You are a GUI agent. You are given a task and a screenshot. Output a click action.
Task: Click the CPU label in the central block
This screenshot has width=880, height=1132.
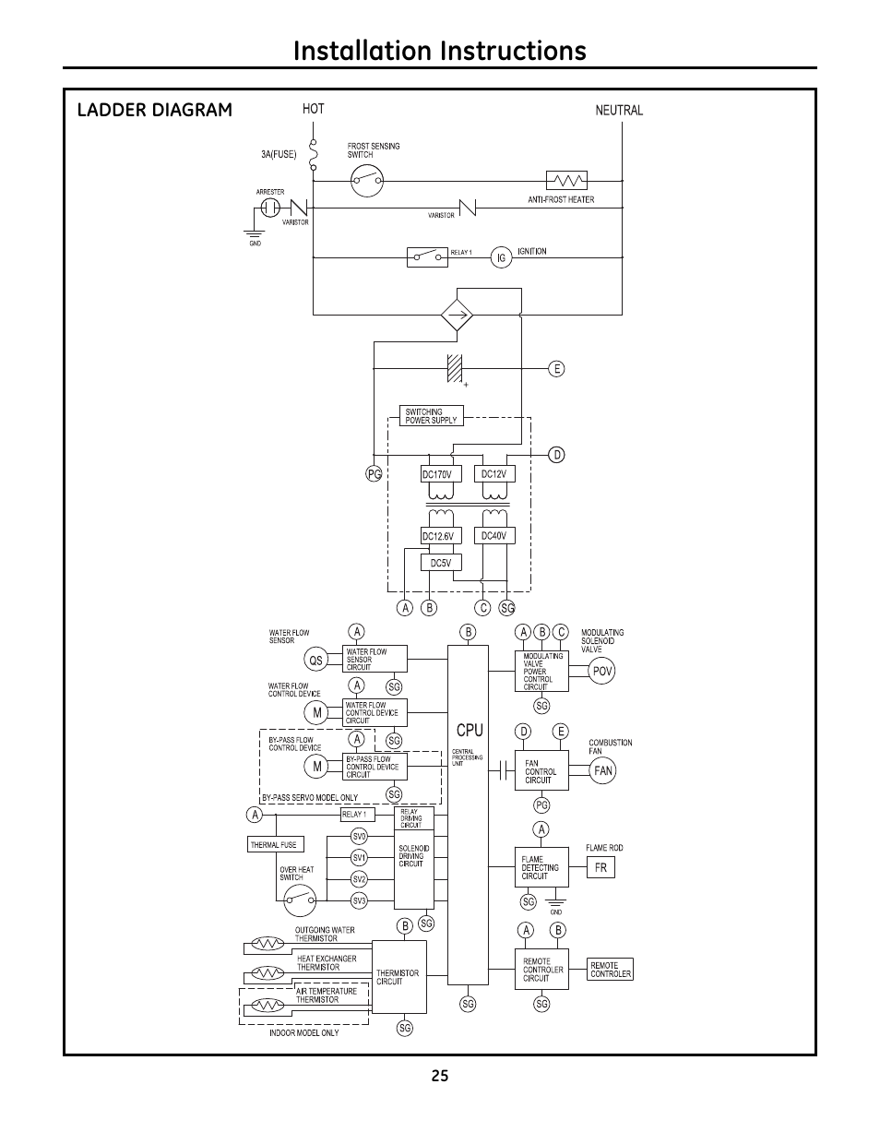[x=470, y=730]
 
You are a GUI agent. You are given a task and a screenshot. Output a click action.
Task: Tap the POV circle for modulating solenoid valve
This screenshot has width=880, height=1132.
[x=602, y=672]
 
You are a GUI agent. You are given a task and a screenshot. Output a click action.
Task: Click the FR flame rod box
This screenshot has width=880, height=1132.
[x=600, y=868]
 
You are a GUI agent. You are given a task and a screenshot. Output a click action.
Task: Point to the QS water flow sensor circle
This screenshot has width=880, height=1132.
[x=317, y=660]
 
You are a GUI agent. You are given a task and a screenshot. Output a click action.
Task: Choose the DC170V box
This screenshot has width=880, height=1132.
[x=436, y=474]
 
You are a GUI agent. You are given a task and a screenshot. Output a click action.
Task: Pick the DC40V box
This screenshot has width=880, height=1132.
[x=494, y=535]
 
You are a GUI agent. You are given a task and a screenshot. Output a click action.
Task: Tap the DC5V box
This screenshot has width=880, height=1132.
[x=441, y=562]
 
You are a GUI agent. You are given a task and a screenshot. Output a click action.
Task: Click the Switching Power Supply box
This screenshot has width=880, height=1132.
[x=431, y=415]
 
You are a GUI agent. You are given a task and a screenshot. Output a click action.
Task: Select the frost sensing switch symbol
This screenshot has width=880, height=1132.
[x=367, y=180]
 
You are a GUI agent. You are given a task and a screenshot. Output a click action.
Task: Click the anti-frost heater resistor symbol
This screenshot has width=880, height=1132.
[x=567, y=180]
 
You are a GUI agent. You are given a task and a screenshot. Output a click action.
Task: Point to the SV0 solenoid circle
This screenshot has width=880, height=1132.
[x=360, y=836]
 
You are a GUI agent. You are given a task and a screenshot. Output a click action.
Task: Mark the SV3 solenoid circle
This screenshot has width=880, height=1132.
[x=360, y=900]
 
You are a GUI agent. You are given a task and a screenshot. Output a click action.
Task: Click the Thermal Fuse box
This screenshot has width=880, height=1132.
[x=274, y=844]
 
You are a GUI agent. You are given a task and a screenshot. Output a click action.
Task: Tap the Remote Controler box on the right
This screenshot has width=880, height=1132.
[x=611, y=970]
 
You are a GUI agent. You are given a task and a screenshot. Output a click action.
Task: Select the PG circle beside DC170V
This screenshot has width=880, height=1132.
[x=374, y=473]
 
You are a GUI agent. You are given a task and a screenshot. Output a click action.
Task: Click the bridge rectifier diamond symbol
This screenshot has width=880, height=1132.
[x=457, y=315]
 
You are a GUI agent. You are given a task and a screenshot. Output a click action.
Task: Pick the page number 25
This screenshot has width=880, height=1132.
[x=439, y=1075]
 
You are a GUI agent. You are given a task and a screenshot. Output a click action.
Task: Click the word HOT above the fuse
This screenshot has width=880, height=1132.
[x=314, y=109]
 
